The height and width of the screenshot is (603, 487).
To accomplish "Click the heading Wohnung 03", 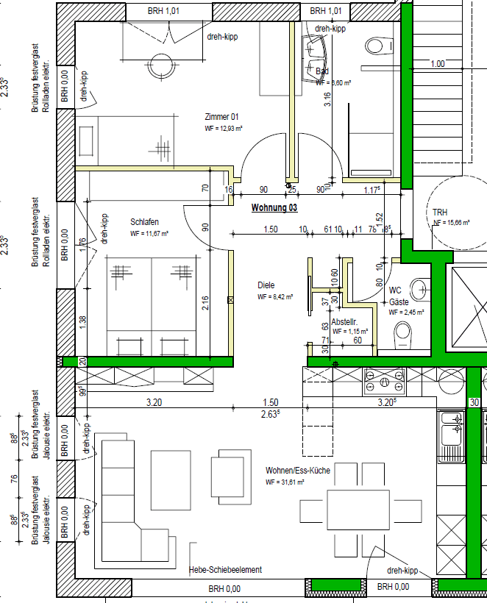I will [274, 208].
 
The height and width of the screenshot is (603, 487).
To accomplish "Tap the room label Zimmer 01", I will [221, 116].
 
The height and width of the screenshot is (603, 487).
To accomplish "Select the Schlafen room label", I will [145, 221].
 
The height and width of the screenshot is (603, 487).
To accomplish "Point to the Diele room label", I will [266, 285].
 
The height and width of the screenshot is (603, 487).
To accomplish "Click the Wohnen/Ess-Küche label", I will [298, 470].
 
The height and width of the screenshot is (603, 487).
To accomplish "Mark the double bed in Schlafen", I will [152, 304].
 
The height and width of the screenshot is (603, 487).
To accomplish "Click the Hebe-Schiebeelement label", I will [225, 570].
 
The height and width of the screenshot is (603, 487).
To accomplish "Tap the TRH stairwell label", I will [440, 213].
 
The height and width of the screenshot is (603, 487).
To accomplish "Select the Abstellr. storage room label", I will [344, 321].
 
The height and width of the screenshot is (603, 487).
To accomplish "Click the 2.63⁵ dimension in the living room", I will [271, 414].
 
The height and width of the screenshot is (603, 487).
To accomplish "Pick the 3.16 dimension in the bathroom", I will [327, 99].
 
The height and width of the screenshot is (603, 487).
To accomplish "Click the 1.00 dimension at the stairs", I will [438, 64].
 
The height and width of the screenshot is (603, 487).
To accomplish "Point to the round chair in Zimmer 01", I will [161, 63].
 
